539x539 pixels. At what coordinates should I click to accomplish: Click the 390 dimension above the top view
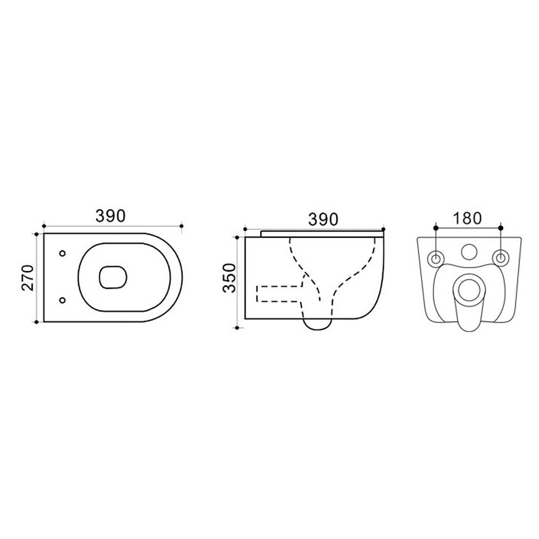110,216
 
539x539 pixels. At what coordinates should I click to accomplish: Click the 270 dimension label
28,278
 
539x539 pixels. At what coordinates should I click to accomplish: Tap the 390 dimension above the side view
323,219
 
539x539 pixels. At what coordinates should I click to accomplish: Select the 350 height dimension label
229,278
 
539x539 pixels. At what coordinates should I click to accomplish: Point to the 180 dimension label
467,218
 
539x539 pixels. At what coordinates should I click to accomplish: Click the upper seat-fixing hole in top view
62,253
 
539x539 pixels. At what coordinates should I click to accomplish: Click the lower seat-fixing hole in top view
62,300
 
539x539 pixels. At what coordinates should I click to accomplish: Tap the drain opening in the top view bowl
113,277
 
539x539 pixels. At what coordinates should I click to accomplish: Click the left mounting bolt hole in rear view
436,258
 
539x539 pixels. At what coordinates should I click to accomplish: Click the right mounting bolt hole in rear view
501,258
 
